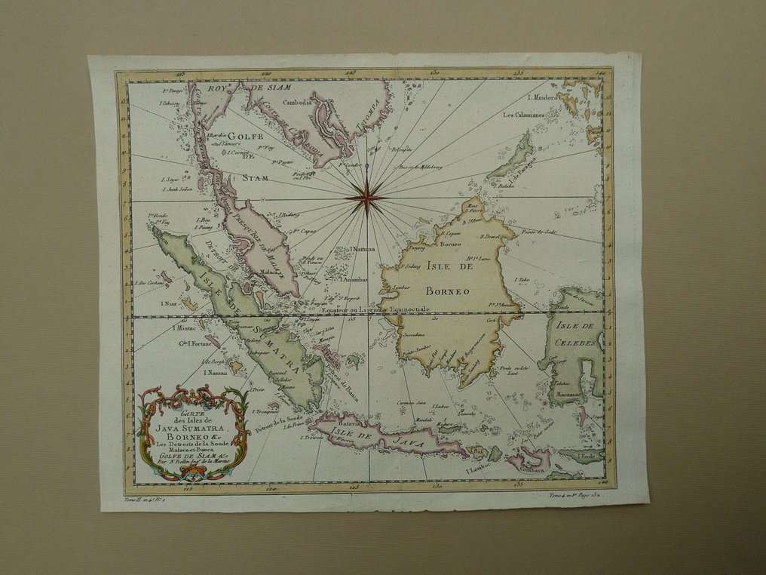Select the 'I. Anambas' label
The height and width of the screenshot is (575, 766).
354,279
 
